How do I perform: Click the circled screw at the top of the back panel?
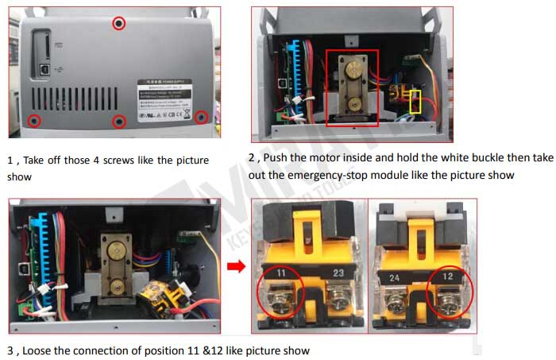119,23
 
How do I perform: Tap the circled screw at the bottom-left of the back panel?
34,120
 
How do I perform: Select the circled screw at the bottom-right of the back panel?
201,117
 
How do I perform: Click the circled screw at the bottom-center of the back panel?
119,121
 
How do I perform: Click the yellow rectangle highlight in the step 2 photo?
414,101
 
